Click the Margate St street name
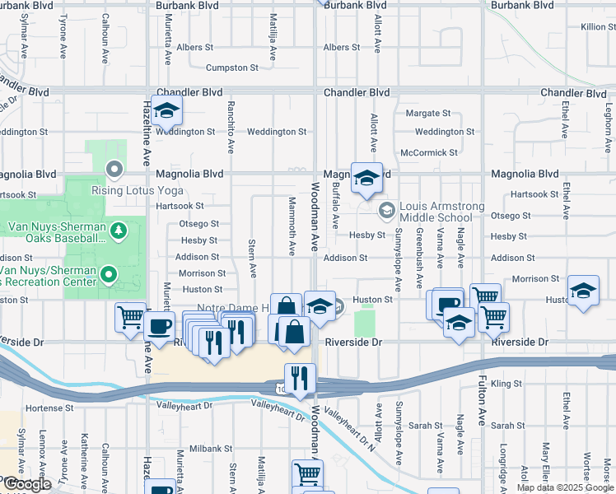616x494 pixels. (x=427, y=113)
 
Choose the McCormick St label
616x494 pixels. (x=428, y=153)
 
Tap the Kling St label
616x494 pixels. (x=506, y=384)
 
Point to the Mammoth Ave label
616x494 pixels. (x=292, y=226)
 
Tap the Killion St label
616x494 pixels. (x=597, y=27)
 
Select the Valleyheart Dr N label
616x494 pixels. (x=349, y=428)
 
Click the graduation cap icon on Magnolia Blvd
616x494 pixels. (x=366, y=177)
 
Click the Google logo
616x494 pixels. (x=26, y=484)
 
